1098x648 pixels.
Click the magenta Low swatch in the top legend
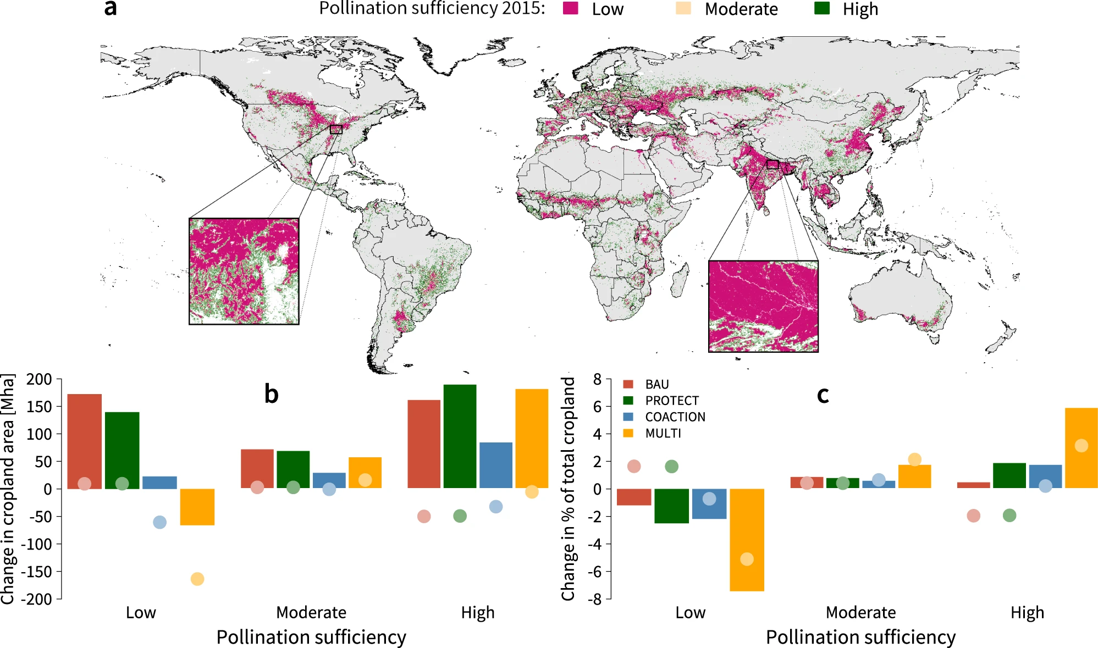[x=570, y=8]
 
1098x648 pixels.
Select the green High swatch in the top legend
[x=821, y=8]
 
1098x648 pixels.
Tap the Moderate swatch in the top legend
[x=683, y=8]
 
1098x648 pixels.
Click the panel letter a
[x=111, y=8]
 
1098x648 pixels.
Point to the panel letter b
[x=271, y=394]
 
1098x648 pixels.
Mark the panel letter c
[x=823, y=395]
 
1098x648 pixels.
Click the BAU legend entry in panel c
[x=656, y=384]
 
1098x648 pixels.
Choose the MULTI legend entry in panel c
[x=663, y=433]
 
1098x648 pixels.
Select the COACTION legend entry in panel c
[x=675, y=417]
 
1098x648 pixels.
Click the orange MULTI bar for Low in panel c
[x=747, y=539]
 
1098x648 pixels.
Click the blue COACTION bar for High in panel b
[x=495, y=465]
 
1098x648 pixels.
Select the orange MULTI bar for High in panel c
[x=1081, y=447]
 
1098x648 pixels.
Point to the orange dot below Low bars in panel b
[x=197, y=579]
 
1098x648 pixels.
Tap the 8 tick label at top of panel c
[x=597, y=379]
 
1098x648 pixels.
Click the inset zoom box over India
[x=763, y=306]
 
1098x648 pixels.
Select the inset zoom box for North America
[x=244, y=271]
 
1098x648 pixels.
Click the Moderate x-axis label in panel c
[x=860, y=612]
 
